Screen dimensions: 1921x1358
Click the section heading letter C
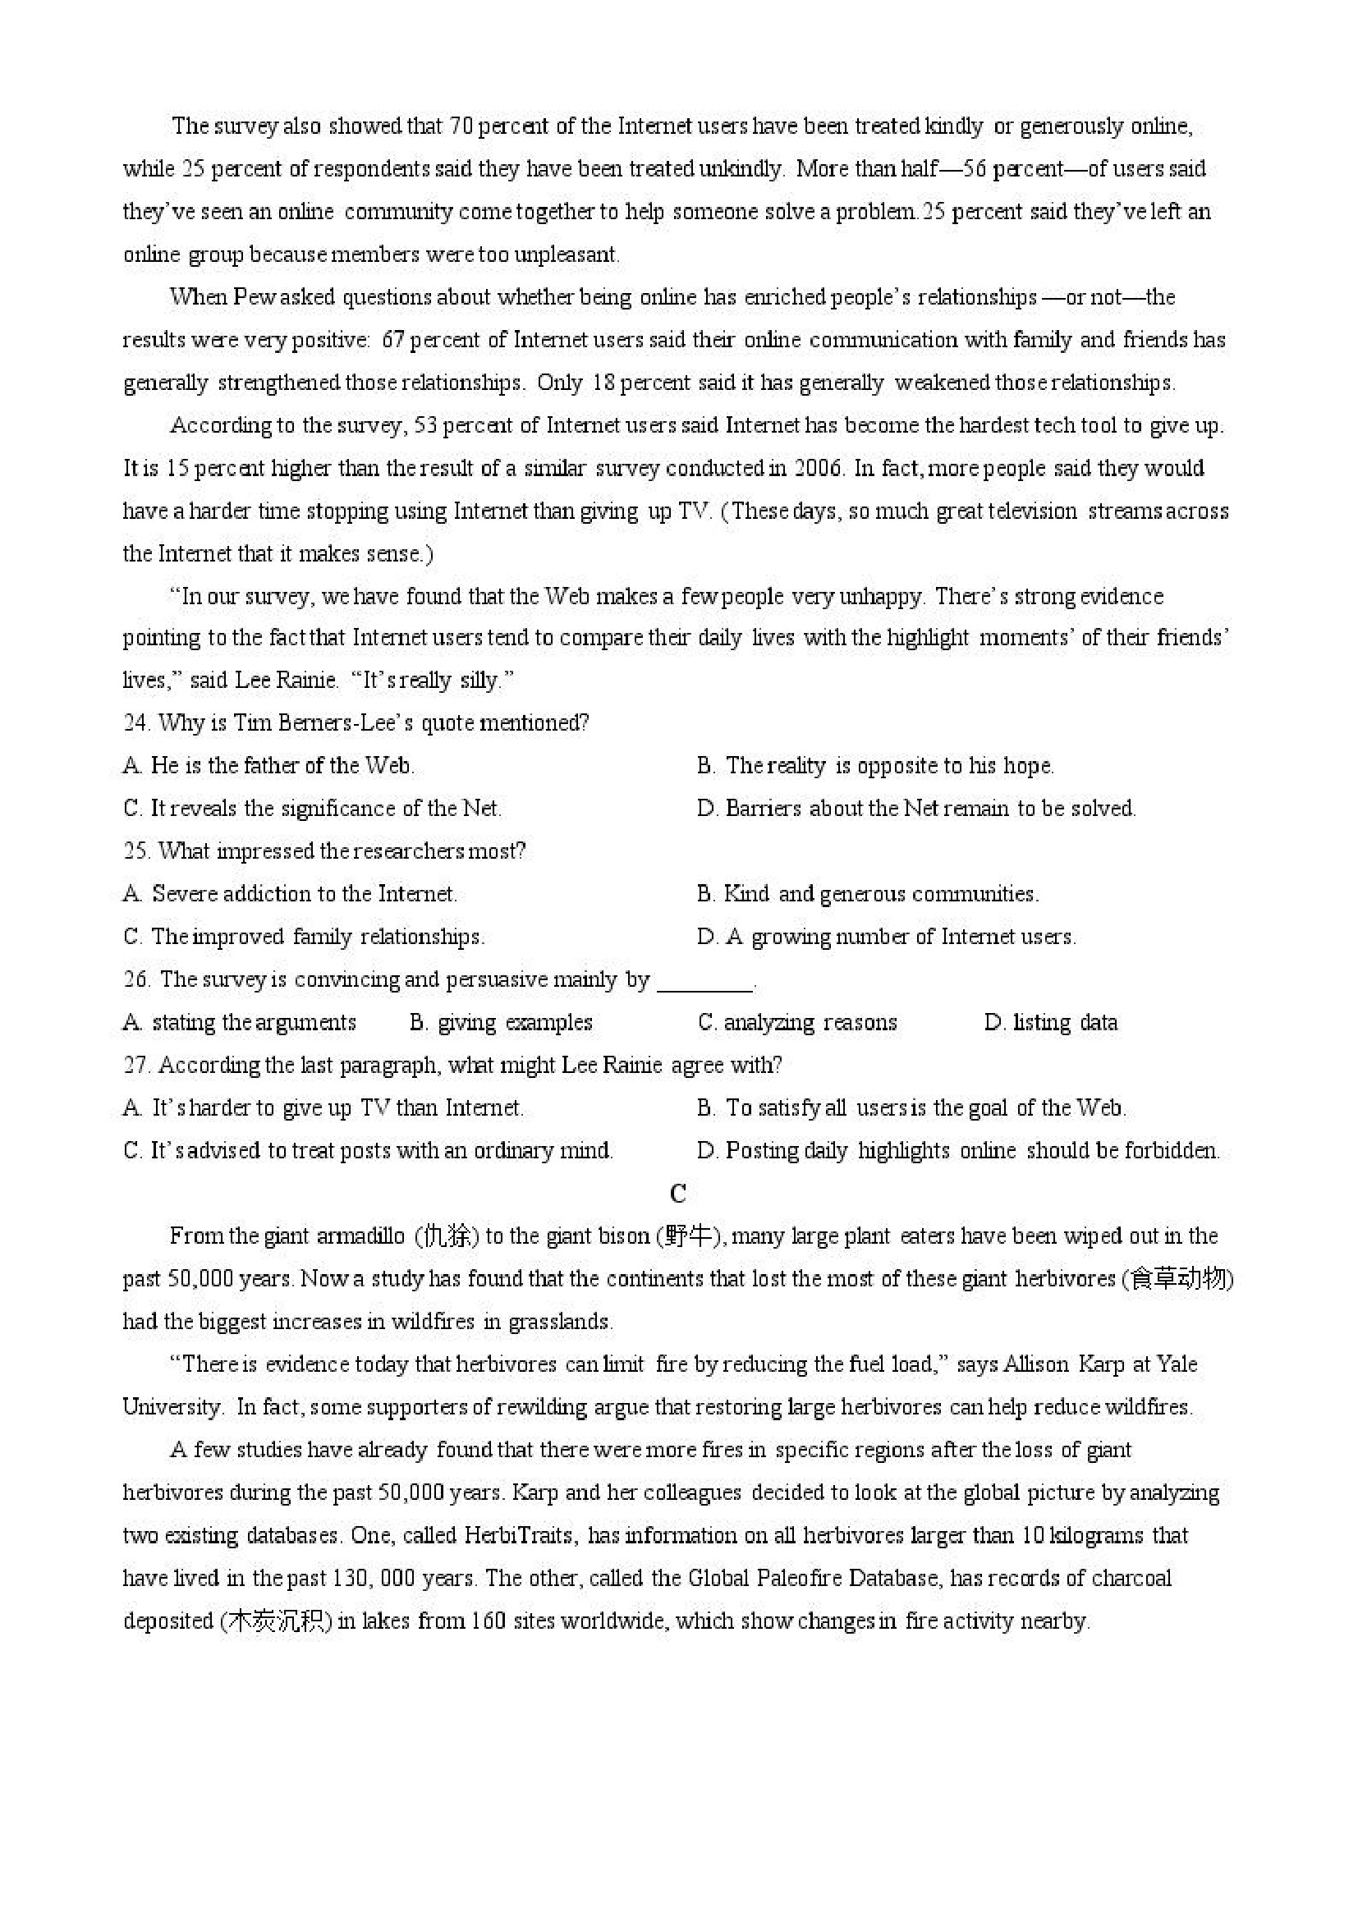pos(678,1193)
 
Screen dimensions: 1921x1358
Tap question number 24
pos(135,723)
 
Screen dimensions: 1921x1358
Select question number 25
pos(135,850)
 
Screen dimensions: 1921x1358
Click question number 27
pos(135,1065)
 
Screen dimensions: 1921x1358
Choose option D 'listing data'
pos(1051,1022)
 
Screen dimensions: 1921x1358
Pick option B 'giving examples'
pos(500,1022)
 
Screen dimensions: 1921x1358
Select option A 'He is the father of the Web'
pos(268,766)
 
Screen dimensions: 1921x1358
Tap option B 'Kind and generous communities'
pos(868,893)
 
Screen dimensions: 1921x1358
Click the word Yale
pos(1177,1364)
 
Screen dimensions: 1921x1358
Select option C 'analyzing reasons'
pos(797,1022)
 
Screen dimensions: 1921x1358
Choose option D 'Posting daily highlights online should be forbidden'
pos(958,1150)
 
